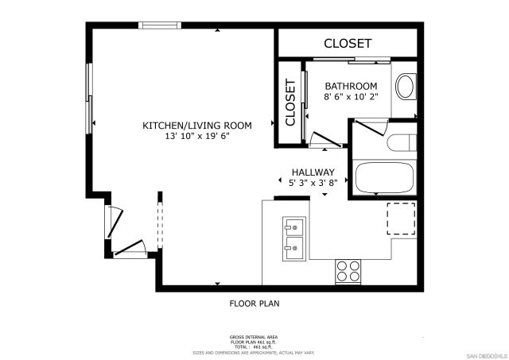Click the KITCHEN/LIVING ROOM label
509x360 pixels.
point(196,126)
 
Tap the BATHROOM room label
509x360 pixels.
point(350,86)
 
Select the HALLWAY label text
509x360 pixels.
point(313,172)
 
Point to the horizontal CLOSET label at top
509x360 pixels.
point(348,43)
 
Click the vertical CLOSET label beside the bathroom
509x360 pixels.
point(290,102)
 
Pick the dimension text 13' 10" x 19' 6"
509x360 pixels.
point(196,137)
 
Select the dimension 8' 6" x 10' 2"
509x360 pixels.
point(350,96)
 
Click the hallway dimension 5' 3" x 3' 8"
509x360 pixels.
point(313,183)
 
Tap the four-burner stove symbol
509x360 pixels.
point(347,270)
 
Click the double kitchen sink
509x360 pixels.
point(292,238)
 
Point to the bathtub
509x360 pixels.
point(385,178)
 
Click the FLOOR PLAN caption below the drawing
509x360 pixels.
point(254,303)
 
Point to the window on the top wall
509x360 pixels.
point(161,25)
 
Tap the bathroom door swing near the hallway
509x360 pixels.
point(326,140)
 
